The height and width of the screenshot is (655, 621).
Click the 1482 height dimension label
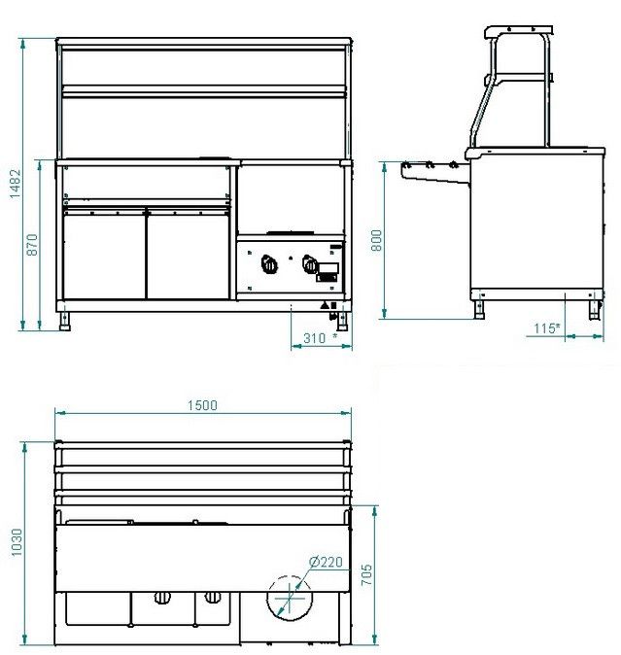[15, 184]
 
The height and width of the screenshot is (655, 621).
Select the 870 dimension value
[32, 245]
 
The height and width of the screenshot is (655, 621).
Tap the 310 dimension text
[315, 338]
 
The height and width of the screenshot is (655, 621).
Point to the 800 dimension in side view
[376, 240]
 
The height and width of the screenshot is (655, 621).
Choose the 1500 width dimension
[202, 405]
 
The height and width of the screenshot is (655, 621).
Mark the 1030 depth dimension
[17, 542]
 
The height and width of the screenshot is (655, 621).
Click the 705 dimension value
[365, 574]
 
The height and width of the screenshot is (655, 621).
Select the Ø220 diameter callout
[326, 562]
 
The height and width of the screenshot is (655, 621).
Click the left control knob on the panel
[269, 264]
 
